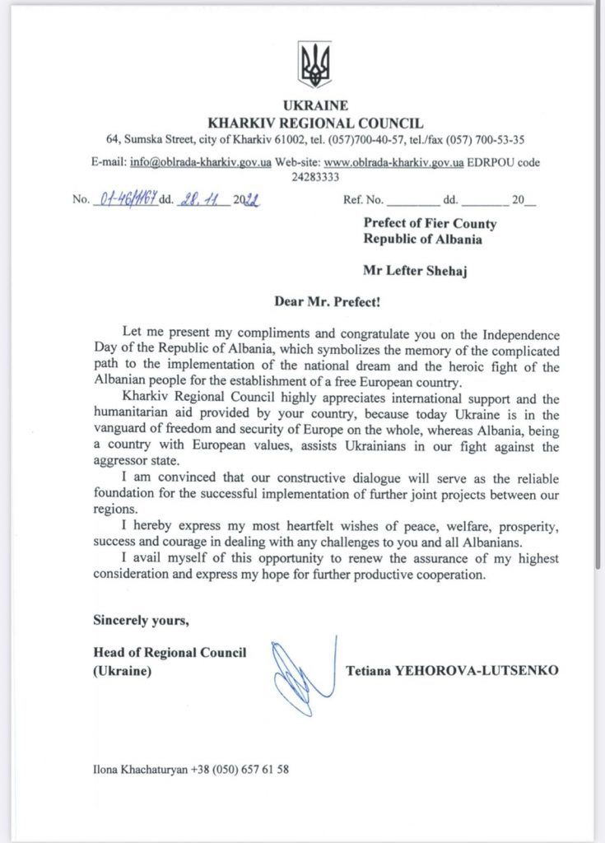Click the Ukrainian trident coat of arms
[x=315, y=65]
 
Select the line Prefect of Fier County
[x=430, y=223]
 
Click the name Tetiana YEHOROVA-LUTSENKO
[x=452, y=671]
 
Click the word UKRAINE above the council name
[x=315, y=105]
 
